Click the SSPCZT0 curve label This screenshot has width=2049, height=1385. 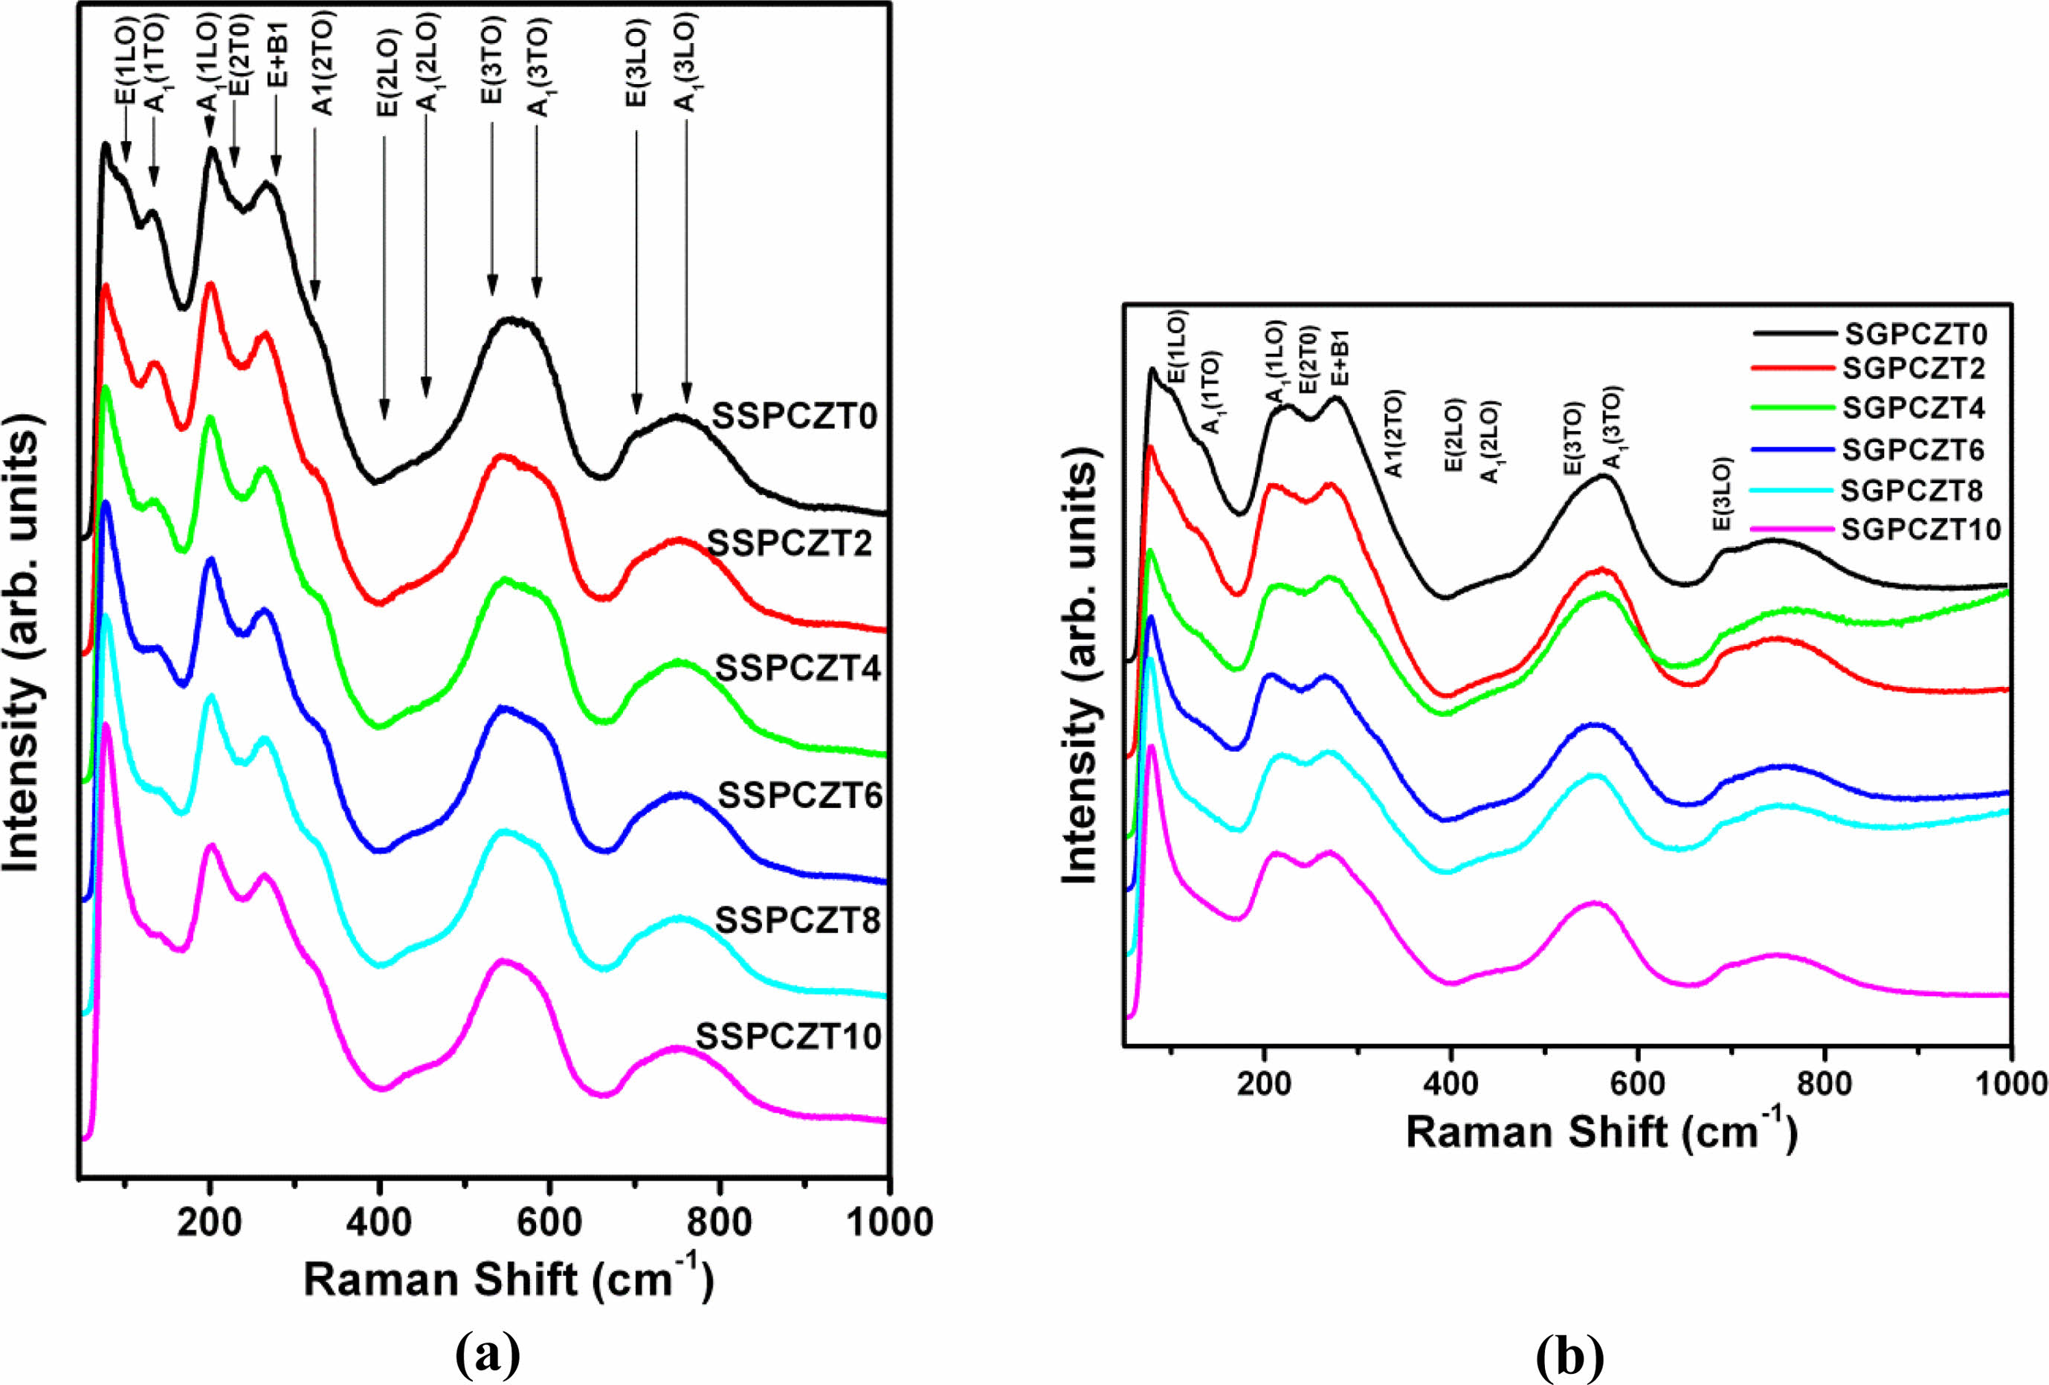coord(794,416)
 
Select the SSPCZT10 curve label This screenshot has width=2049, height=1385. coord(788,1037)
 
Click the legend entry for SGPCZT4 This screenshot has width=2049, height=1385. coord(1913,408)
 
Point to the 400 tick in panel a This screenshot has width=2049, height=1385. coord(379,1224)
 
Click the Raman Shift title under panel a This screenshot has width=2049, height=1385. coord(508,1280)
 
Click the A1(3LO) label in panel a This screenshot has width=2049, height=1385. coord(686,62)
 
